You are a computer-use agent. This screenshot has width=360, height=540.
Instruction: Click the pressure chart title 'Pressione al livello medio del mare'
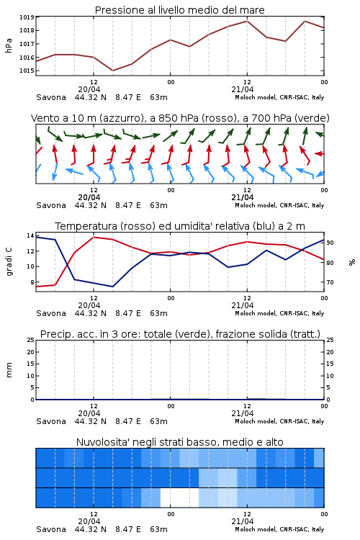point(179,10)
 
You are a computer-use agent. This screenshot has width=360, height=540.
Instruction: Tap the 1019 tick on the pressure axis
point(27,17)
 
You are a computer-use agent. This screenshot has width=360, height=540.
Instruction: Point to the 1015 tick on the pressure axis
point(27,71)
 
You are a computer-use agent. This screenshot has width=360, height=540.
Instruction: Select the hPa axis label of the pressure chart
point(9,45)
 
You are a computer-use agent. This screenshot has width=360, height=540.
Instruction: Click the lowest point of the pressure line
point(112,71)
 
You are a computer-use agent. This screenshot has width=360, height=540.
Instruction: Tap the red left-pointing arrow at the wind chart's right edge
point(320,153)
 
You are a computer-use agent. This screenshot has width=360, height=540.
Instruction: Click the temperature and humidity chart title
point(180,226)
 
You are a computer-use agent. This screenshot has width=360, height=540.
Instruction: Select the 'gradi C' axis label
point(9,261)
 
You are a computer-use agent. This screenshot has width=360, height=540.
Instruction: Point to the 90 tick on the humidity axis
point(330,243)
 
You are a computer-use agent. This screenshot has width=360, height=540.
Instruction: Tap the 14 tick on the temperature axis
point(30,235)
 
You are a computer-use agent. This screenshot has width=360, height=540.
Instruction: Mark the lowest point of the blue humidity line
point(112,287)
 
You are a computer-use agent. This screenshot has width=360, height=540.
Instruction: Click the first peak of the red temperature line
point(94,237)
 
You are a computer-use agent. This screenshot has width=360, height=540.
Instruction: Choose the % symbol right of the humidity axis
point(352,262)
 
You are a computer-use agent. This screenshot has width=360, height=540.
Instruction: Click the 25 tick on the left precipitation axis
point(31,340)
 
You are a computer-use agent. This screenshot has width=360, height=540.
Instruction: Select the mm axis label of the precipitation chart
point(9,370)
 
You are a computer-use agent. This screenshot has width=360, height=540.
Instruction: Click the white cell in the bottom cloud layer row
point(179,498)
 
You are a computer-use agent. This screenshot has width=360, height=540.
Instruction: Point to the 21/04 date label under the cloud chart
point(242,521)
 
